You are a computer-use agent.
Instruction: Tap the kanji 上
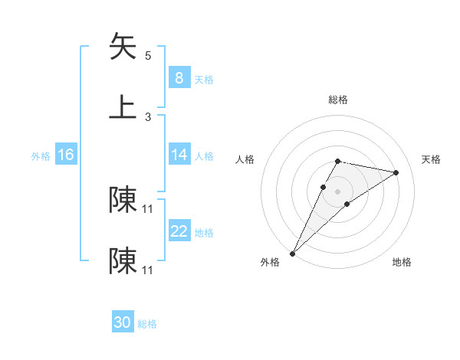[123, 107]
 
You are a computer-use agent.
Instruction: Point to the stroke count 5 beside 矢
[148, 56]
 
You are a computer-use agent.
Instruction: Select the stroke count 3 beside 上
[148, 117]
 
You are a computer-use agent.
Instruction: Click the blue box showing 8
[179, 78]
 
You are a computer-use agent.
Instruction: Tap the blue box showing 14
[179, 155]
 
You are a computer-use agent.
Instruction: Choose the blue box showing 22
[179, 231]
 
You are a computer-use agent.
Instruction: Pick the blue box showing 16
[66, 155]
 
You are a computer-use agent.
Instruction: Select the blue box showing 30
[123, 323]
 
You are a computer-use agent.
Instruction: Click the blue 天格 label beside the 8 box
[204, 79]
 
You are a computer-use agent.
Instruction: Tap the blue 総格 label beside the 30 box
[148, 324]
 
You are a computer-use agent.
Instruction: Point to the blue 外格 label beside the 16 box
[41, 155]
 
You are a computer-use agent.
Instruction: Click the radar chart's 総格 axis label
[338, 100]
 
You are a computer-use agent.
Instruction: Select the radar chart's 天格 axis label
[432, 159]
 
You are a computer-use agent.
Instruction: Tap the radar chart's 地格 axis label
[402, 262]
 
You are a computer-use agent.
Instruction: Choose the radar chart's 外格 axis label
[270, 262]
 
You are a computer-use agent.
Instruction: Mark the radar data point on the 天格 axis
[396, 172]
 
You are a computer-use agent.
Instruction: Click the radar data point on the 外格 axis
[292, 253]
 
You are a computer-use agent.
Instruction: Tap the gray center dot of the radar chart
[337, 191]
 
